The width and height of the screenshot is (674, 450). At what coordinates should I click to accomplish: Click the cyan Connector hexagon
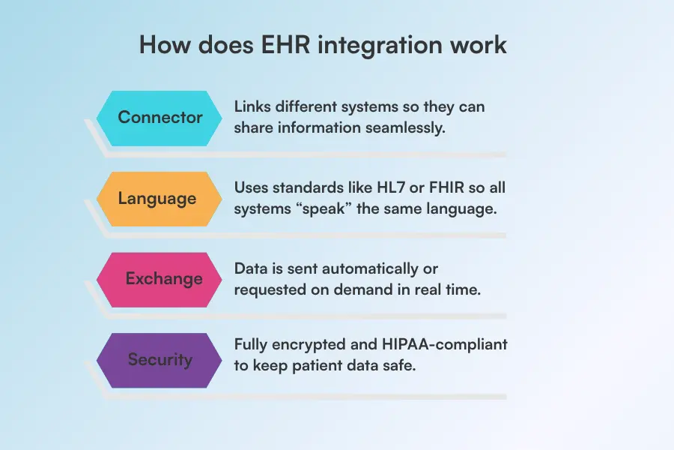(160, 118)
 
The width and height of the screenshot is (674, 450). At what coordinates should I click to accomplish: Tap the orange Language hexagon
(160, 199)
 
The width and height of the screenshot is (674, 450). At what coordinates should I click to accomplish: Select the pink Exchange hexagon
(160, 279)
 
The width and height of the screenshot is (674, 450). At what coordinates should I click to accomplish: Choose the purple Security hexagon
(160, 360)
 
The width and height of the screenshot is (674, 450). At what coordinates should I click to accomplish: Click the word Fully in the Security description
(252, 344)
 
